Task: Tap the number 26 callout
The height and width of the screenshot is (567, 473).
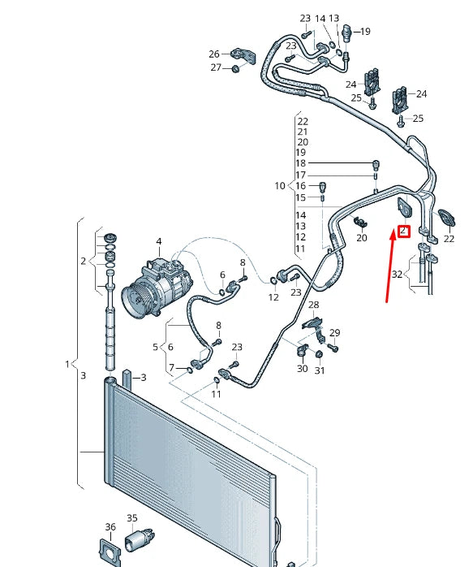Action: coord(215,54)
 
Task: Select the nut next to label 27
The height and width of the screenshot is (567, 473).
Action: coord(235,68)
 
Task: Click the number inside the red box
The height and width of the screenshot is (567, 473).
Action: coord(403,232)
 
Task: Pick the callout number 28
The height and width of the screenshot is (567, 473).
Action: coord(313,305)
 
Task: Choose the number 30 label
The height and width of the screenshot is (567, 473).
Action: coord(302,369)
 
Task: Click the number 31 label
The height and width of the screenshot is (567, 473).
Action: coord(320,371)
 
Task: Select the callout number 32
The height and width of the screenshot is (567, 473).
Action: coord(397,275)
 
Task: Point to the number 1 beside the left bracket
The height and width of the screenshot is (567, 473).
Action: coord(68,364)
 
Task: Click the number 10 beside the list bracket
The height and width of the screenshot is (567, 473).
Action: coord(280,186)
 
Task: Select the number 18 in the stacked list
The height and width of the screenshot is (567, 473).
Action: coord(301,163)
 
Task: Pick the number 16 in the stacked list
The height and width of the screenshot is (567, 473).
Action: coord(301,186)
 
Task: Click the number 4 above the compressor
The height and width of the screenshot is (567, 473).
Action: coord(159,241)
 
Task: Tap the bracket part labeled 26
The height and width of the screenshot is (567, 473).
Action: coord(242,54)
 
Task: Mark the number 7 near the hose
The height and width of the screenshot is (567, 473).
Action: coord(170,369)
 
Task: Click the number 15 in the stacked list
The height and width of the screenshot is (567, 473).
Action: coord(301,197)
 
